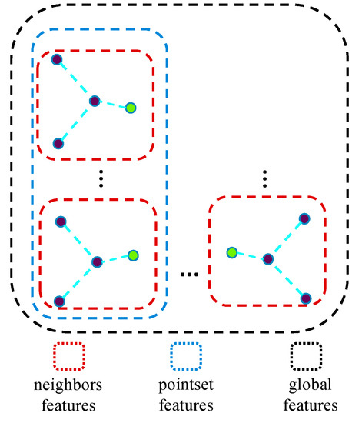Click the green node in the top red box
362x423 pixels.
[131, 108]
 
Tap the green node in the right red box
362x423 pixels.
[231, 251]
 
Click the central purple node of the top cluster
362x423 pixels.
[95, 101]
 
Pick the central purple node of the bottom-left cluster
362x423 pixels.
[97, 262]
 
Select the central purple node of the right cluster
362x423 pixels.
[267, 259]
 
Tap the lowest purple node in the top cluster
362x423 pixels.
[57, 143]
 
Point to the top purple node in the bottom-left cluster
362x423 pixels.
[59, 221]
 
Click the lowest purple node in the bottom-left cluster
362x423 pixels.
[58, 301]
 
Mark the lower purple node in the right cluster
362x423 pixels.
[306, 298]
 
